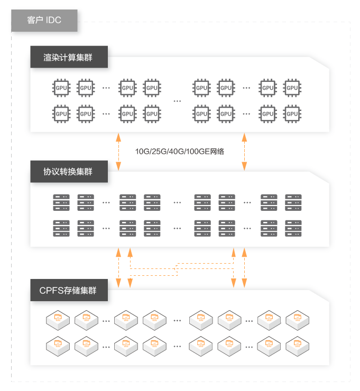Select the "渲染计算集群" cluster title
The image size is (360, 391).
point(68,58)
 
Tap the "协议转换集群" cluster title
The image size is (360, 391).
point(68,172)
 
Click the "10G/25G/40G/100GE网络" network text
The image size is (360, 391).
point(180,152)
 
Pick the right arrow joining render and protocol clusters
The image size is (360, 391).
point(244,151)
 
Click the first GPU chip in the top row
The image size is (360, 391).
point(61,88)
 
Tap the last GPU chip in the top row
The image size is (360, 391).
point(293,88)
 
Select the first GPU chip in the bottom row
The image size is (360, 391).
point(61,113)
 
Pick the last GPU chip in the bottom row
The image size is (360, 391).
point(293,113)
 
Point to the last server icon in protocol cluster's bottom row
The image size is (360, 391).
point(293,228)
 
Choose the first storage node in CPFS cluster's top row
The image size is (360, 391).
point(57,319)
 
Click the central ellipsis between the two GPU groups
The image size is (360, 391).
point(177,100)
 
